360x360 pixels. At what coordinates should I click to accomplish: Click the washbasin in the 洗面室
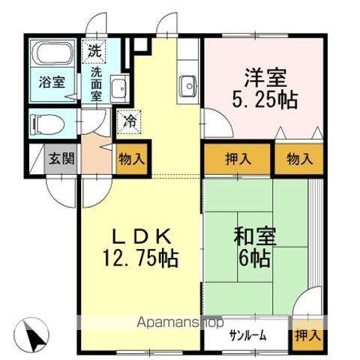pyautogui.click(x=118, y=91)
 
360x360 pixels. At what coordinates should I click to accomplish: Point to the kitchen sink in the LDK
pyautogui.click(x=187, y=88)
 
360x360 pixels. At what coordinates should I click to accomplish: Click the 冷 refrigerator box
pyautogui.click(x=127, y=119)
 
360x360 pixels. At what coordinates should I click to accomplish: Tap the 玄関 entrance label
pyautogui.click(x=61, y=159)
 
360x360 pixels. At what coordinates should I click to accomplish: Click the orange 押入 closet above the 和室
pyautogui.click(x=238, y=159)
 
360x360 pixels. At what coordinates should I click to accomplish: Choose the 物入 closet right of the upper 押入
pyautogui.click(x=299, y=159)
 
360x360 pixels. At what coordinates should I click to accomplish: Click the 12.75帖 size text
pyautogui.click(x=140, y=259)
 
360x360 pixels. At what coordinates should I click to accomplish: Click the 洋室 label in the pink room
pyautogui.click(x=262, y=76)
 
